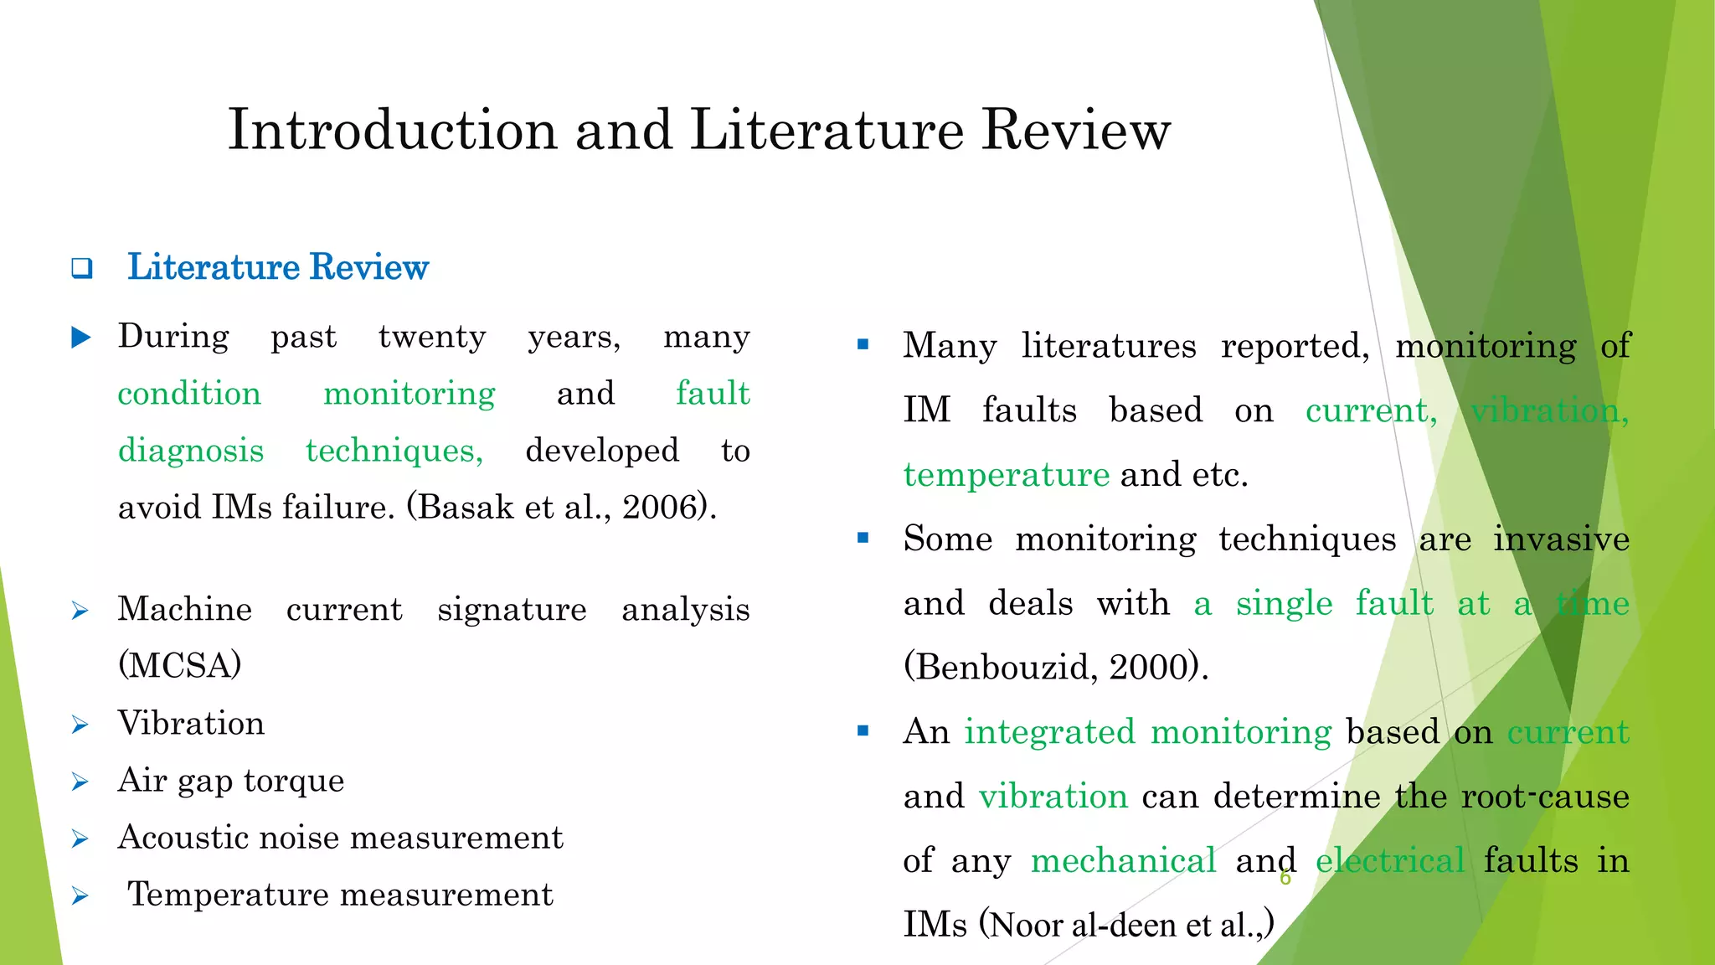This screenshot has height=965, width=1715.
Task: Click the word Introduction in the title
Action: coord(392,131)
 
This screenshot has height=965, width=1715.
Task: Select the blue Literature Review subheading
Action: coord(277,267)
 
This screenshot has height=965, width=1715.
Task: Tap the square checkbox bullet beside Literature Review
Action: coord(81,269)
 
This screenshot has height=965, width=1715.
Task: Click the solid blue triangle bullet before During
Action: coord(81,338)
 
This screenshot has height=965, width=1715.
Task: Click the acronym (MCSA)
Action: coord(179,666)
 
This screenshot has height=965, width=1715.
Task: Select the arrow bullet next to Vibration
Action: coord(80,725)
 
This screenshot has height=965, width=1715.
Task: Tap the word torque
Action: coord(294,781)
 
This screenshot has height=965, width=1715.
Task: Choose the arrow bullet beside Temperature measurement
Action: coord(80,896)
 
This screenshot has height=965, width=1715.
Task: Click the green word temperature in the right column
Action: coord(1007,476)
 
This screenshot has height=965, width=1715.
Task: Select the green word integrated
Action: coord(1050,732)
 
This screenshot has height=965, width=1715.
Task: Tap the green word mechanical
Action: coord(1123,861)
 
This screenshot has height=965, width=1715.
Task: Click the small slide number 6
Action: coord(1285,879)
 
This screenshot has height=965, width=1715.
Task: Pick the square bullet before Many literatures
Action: coord(863,344)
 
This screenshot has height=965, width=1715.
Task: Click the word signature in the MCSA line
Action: coord(512,610)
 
